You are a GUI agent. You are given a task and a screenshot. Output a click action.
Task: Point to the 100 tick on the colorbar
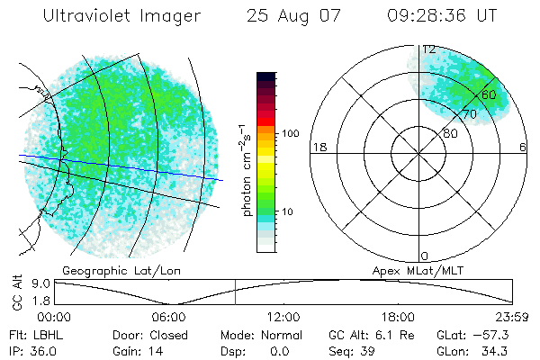point(290,133)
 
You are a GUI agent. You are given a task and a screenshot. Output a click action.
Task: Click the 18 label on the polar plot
point(318,148)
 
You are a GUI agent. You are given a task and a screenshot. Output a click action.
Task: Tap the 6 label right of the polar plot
point(524,148)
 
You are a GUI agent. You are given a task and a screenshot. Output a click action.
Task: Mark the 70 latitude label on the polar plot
point(469,114)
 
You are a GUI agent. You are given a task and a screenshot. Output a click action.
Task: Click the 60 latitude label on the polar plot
point(489,94)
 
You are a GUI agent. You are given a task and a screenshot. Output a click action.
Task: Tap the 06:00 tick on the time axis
point(169,317)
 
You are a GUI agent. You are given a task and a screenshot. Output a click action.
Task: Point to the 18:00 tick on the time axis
point(398,317)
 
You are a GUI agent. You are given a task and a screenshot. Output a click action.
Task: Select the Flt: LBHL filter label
point(32,334)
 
